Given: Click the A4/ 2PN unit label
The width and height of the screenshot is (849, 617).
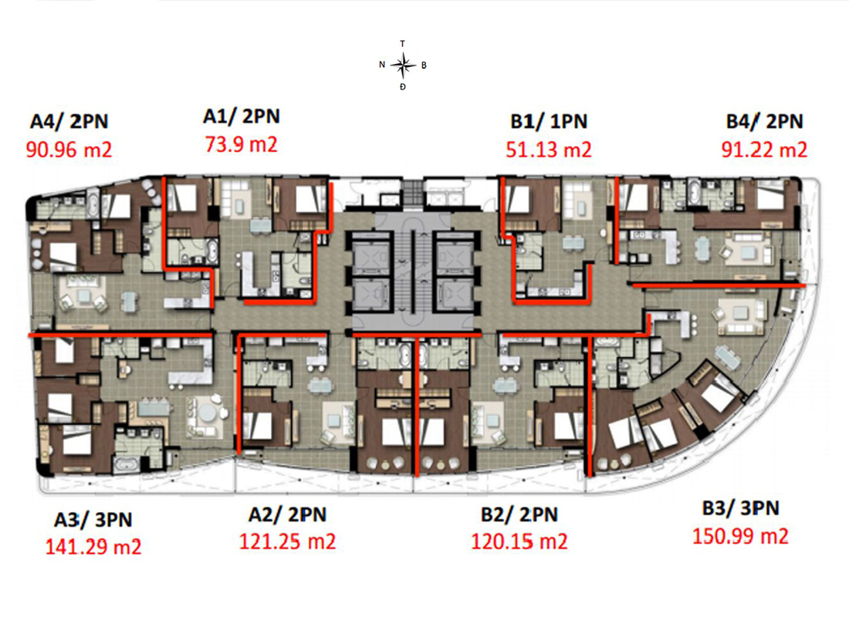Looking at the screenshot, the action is pyautogui.click(x=69, y=121).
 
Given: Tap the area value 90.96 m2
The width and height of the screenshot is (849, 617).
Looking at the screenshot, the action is pyautogui.click(x=69, y=150).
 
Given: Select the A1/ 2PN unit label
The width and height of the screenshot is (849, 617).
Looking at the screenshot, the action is pyautogui.click(x=242, y=116).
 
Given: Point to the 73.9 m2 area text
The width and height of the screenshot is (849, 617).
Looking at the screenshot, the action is pyautogui.click(x=241, y=144).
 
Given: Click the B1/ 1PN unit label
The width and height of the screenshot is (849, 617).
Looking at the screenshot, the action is pyautogui.click(x=549, y=121).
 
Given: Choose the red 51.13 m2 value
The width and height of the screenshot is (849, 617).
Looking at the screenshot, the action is pyautogui.click(x=549, y=150).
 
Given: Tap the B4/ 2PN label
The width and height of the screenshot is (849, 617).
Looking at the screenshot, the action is pyautogui.click(x=764, y=121).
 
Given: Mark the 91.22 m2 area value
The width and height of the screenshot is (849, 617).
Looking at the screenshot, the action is pyautogui.click(x=764, y=150).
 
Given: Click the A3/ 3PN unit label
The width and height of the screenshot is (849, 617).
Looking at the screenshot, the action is pyautogui.click(x=93, y=520).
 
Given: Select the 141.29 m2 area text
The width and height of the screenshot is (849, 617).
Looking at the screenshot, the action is pyautogui.click(x=93, y=547).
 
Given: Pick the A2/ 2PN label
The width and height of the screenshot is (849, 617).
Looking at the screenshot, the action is pyautogui.click(x=288, y=514).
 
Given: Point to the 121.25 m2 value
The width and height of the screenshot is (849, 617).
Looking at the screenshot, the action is pyautogui.click(x=288, y=541).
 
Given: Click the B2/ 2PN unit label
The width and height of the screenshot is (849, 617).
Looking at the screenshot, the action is pyautogui.click(x=519, y=514).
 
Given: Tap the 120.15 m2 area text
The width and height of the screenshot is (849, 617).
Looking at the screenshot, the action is pyautogui.click(x=519, y=541).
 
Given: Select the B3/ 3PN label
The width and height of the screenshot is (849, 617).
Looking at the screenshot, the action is pyautogui.click(x=741, y=508).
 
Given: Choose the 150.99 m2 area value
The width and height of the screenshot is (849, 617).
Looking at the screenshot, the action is pyautogui.click(x=741, y=536).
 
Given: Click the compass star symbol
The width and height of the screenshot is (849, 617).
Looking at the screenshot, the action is pyautogui.click(x=403, y=66).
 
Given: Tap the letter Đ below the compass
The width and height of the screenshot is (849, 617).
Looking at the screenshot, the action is pyautogui.click(x=402, y=86).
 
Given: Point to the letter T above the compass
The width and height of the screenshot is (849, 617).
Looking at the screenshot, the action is pyautogui.click(x=402, y=43).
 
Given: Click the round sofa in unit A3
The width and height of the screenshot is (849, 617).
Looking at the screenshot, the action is pyautogui.click(x=208, y=416).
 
